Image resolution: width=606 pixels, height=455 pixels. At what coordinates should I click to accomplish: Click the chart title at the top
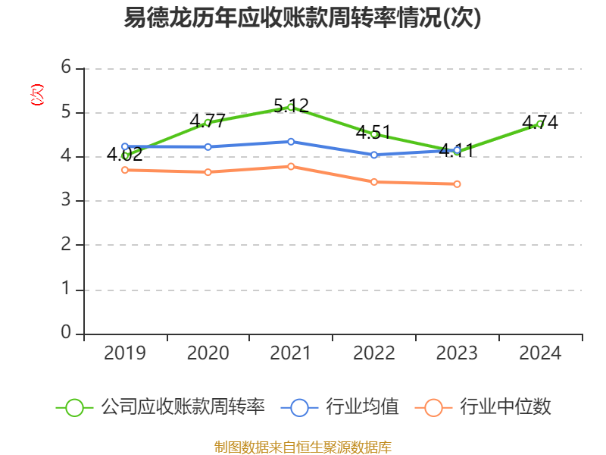click(x=302, y=18)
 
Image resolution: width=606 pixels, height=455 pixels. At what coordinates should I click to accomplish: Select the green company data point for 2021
click(x=291, y=107)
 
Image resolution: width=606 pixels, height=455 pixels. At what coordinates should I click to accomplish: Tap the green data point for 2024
click(x=540, y=124)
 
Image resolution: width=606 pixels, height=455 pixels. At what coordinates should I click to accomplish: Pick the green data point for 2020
click(x=208, y=122)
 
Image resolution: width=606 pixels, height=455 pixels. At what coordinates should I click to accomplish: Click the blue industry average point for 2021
click(x=291, y=142)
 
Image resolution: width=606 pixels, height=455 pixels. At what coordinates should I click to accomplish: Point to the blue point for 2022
click(x=374, y=155)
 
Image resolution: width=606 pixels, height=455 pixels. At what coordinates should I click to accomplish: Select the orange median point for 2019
click(x=125, y=170)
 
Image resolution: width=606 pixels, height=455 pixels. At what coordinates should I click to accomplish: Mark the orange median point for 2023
click(x=457, y=184)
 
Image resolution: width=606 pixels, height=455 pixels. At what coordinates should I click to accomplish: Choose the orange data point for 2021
click(x=291, y=166)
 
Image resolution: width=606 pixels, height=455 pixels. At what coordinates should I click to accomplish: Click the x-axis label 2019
click(x=125, y=353)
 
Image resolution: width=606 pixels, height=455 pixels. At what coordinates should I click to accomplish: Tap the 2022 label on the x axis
click(x=374, y=353)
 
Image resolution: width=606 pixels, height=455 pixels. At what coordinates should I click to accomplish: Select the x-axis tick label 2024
click(x=540, y=353)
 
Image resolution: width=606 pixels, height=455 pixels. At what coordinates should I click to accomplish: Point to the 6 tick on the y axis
click(x=66, y=68)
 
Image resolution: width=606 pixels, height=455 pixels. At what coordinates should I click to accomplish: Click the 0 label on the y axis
click(x=66, y=333)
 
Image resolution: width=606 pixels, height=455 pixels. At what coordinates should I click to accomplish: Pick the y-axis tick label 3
click(x=66, y=201)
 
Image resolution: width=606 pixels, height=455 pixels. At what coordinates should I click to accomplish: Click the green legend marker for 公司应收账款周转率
click(x=74, y=407)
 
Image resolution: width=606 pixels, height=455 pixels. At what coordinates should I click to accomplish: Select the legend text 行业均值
click(x=362, y=407)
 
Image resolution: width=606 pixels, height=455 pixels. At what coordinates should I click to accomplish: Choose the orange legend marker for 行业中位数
click(x=433, y=407)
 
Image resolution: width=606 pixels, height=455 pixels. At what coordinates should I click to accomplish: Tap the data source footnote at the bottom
click(x=302, y=447)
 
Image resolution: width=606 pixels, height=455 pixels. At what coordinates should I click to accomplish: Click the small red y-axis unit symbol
click(x=36, y=95)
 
